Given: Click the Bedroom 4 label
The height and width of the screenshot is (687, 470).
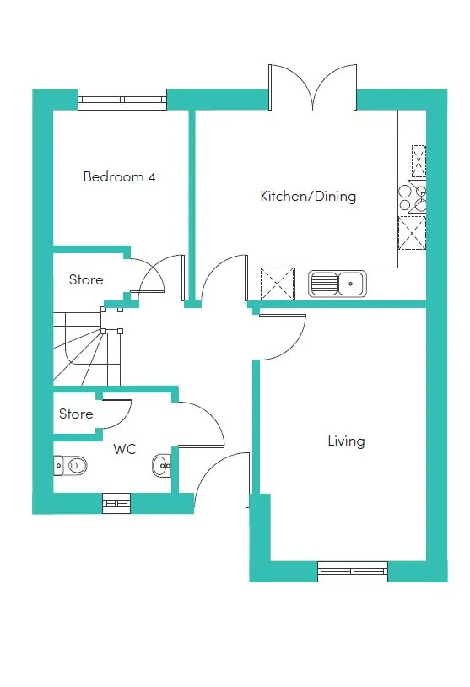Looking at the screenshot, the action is [x=119, y=176].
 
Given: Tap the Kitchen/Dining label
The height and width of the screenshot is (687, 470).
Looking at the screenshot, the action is [x=308, y=196].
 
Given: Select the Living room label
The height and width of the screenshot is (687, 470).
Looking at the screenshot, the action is [x=346, y=441].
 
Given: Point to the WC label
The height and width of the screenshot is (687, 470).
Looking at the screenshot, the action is [x=124, y=449].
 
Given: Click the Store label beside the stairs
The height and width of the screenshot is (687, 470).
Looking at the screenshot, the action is [x=86, y=279].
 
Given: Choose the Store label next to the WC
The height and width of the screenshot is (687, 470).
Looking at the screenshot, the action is [x=76, y=414].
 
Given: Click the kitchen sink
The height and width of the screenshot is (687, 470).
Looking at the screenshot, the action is [x=338, y=283].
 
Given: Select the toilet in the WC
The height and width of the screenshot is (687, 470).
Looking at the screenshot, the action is [x=70, y=465].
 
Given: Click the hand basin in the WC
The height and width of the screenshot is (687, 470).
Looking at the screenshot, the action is [x=162, y=465].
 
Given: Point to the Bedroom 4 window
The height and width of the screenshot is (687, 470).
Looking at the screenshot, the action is [x=122, y=100].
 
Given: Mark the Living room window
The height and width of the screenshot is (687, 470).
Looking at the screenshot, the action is [x=353, y=571].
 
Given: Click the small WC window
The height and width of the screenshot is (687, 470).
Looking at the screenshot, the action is [x=116, y=503].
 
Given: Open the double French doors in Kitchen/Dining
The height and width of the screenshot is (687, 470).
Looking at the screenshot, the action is [x=313, y=88].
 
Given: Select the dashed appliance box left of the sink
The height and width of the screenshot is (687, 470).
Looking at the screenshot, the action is [x=278, y=284].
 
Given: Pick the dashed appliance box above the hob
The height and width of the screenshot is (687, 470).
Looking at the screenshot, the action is [x=419, y=161].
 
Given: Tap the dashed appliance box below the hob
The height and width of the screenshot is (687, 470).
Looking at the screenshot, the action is [x=412, y=233].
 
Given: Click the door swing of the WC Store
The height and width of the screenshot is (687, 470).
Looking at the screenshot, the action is [x=116, y=414].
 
